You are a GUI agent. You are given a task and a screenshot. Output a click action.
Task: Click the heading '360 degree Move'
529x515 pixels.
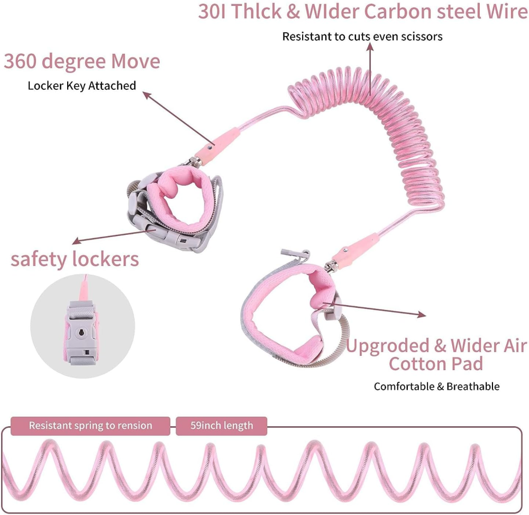[x=82, y=62]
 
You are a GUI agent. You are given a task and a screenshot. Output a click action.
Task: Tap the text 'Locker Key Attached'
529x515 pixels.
[x=82, y=86]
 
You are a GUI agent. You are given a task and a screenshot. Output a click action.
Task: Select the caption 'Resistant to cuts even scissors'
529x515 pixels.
[x=362, y=36]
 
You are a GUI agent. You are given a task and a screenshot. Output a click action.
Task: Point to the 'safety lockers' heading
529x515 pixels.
[x=75, y=259]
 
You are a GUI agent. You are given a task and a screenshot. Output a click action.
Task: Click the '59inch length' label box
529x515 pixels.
[x=222, y=426]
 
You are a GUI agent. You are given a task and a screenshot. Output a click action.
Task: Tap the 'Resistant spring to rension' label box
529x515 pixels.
[x=90, y=426]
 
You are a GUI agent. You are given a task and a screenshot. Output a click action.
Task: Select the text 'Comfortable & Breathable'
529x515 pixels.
[x=436, y=387]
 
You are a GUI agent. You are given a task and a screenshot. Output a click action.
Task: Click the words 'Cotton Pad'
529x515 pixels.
[x=436, y=364]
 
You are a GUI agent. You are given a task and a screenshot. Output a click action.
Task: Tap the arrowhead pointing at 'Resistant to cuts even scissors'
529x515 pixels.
[x=370, y=47]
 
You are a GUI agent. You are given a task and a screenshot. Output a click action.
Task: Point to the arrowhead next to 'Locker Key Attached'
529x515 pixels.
[x=147, y=95]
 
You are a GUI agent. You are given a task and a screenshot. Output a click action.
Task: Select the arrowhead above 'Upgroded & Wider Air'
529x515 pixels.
[x=422, y=315]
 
